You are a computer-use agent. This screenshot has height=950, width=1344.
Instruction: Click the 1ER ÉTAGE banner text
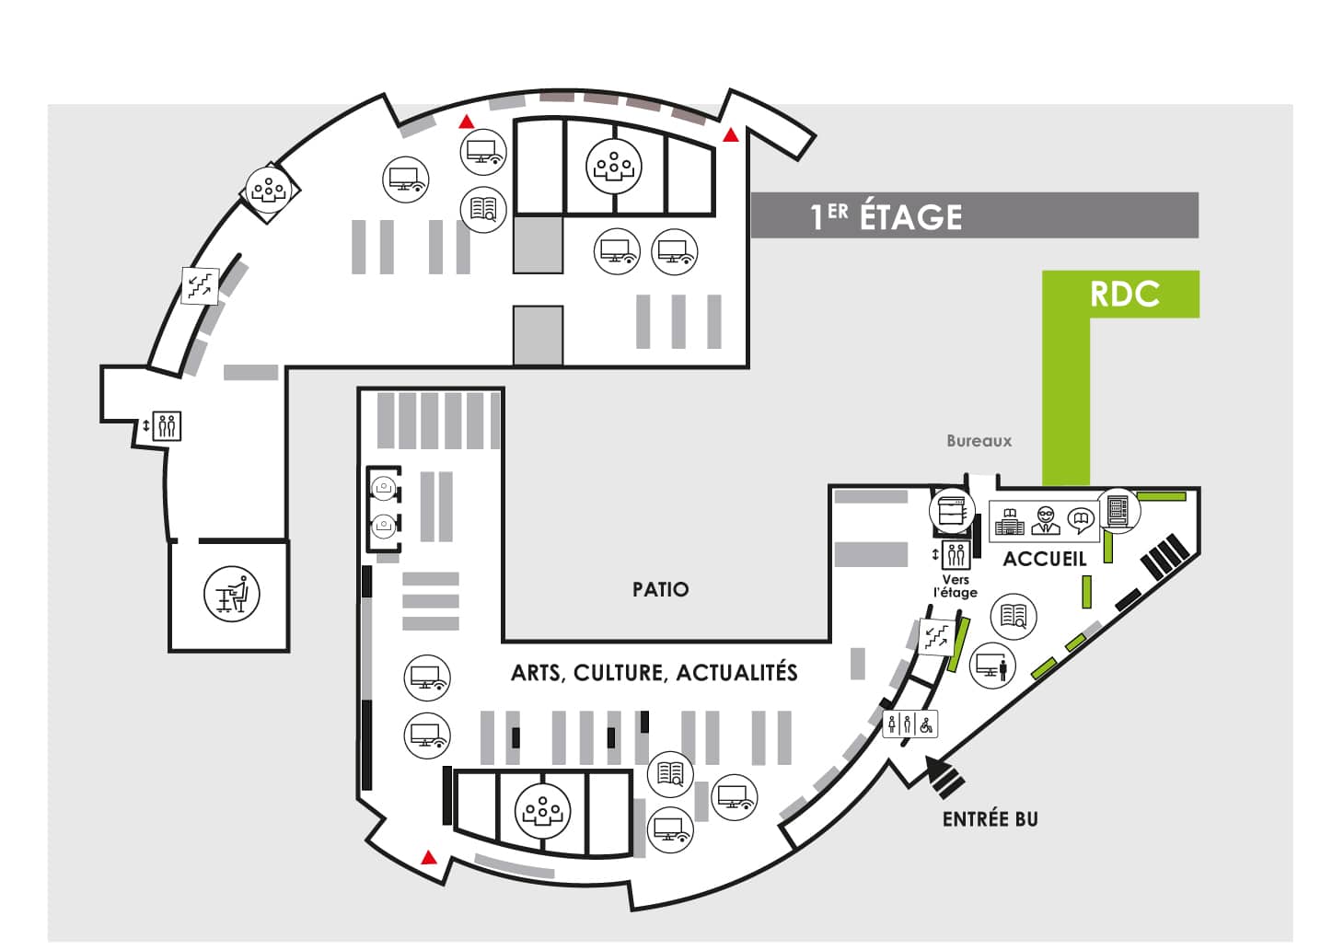pos(886,216)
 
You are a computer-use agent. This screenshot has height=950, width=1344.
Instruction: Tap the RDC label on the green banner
pos(1125,294)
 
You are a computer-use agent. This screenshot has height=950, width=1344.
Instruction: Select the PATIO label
pos(661,589)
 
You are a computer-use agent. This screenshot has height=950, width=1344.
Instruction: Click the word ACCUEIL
pos(1045,560)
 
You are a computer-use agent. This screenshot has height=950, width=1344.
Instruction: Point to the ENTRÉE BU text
pos(990,819)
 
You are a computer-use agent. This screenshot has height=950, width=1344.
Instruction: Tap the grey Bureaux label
pos(979,441)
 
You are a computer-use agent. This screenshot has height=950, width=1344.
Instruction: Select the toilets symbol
pos(910,725)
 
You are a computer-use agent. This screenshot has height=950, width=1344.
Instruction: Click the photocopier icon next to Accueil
pos(952,511)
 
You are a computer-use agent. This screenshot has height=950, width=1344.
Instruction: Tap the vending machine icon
pos(1118,511)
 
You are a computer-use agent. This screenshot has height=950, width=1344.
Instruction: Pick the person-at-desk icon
pos(232,594)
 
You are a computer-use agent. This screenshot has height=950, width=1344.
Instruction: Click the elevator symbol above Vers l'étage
pos(956,555)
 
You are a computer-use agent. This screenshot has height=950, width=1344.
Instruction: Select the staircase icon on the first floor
pos(201,285)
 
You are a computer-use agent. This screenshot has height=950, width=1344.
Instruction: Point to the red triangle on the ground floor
pos(428,857)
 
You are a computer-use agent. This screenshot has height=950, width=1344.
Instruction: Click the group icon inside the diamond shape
pos(270,191)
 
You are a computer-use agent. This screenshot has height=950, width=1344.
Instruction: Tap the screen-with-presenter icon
pos(992,666)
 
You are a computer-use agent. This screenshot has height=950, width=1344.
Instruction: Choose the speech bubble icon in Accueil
pos(1081,521)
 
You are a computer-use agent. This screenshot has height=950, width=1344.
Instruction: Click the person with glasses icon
pos(1046,520)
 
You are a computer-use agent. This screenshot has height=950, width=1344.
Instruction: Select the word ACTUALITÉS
pos(736,672)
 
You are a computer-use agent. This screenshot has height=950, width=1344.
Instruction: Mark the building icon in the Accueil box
pos(1010,522)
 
